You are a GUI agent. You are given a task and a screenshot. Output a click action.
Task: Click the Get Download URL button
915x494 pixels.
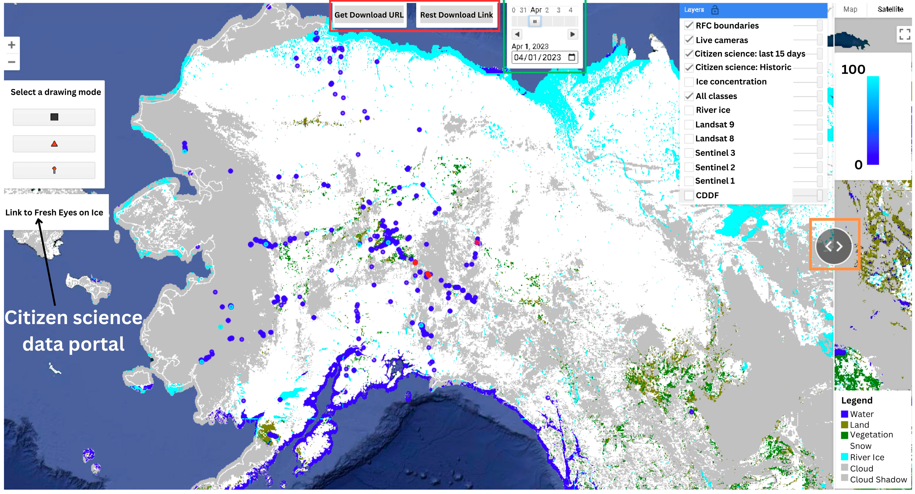pos(369,15)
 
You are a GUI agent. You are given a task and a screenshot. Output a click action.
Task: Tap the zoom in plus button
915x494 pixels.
pos(12,45)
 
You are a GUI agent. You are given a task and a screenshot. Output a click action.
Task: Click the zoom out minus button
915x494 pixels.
pos(12,62)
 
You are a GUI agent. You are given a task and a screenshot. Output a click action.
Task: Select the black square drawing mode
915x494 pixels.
pos(54,117)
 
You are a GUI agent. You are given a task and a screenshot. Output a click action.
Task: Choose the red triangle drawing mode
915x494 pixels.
pos(54,144)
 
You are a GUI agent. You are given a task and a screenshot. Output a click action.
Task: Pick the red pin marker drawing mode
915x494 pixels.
pos(54,170)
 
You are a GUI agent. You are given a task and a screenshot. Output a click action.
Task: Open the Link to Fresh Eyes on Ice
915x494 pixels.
pos(54,212)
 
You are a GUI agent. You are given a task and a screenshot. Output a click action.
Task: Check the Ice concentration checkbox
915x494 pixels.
pos(689,82)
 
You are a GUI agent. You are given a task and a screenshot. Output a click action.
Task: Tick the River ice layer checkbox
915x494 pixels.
pos(689,110)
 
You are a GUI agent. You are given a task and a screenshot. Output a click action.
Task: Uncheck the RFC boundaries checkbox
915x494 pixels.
pos(689,26)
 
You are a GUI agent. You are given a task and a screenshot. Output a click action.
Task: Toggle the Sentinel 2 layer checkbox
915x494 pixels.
pos(689,167)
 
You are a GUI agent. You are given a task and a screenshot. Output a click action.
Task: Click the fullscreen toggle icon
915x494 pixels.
pos(904,34)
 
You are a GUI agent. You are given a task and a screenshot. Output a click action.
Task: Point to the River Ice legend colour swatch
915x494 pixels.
pos(844,457)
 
